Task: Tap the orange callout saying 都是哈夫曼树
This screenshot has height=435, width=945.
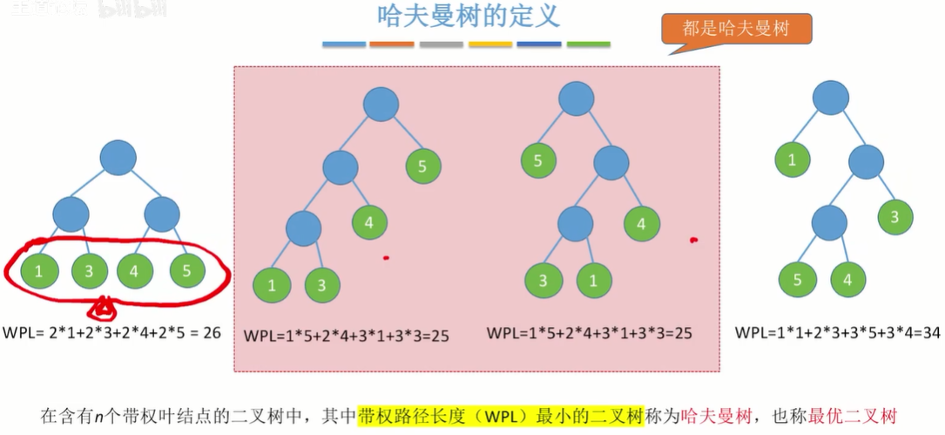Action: click(x=736, y=28)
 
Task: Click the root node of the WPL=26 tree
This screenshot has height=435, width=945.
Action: click(x=118, y=158)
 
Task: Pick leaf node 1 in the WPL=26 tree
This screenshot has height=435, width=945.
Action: click(x=37, y=270)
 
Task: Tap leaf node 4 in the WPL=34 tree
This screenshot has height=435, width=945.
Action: click(x=847, y=280)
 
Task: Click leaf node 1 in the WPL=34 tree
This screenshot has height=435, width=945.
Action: click(x=792, y=160)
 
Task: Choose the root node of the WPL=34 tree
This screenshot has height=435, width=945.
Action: click(x=831, y=96)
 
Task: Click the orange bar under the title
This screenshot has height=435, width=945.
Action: click(x=392, y=44)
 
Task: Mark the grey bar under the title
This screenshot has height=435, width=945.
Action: click(x=441, y=44)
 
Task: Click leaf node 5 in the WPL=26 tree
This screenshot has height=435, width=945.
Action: click(x=186, y=270)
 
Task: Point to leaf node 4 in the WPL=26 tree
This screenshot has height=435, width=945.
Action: click(x=134, y=270)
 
